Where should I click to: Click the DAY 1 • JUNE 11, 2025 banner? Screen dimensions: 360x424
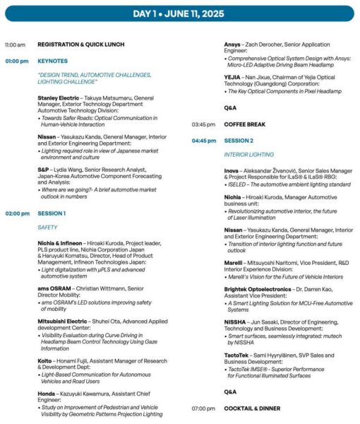179,13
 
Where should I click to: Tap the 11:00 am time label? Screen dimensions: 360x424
15,45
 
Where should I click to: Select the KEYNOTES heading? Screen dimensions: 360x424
52,61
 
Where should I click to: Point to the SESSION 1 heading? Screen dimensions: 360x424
52,213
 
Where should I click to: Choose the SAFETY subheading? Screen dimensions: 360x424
47,228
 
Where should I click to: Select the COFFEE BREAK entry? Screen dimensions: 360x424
244,124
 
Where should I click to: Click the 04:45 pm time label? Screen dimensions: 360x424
203,140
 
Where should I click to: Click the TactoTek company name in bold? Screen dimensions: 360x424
236,356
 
